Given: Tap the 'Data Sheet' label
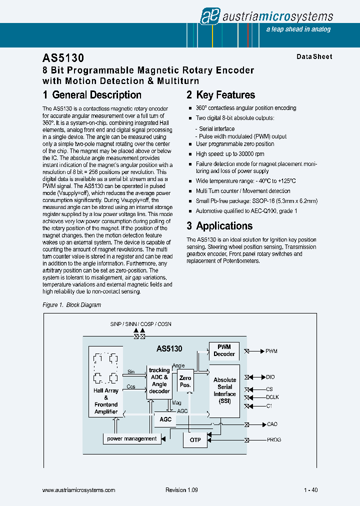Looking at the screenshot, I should pos(314,57).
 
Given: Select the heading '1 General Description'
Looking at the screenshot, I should pos(92,95).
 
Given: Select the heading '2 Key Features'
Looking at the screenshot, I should pos(220,95).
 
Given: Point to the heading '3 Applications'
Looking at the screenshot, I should pos(219,226).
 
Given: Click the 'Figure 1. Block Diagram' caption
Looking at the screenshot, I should pos(72,305).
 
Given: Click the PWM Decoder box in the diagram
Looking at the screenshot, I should pos(224,350).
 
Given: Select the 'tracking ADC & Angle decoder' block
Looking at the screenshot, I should pos(159,381).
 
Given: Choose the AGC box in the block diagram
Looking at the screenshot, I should pos(165,419).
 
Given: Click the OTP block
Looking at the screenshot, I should pos(195,440).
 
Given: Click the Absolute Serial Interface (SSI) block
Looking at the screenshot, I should pos(224,390).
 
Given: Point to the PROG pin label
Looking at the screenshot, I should pos(273,440).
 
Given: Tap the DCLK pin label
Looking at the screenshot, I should pos(272,397).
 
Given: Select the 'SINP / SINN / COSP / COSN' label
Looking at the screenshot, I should pos(140,324).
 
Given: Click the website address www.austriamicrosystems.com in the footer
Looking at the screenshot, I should pos(79,490).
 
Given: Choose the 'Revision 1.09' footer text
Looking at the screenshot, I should pos(181,490).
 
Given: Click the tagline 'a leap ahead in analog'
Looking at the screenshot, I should pos(298,29).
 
